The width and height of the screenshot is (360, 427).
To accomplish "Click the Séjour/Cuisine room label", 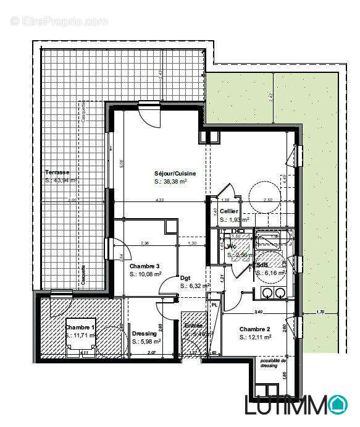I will pos(175,174).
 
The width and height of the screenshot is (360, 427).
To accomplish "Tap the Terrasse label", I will pos(57,172).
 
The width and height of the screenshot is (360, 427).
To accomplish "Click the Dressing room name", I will pos(144,334).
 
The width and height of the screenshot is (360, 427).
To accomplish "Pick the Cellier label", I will pos(229,211).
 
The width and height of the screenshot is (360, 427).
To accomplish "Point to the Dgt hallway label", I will pos(185,278).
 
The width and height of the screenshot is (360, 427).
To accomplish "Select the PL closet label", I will pos(214,305).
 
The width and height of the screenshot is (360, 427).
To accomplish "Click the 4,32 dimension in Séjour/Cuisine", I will pos(160,200).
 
